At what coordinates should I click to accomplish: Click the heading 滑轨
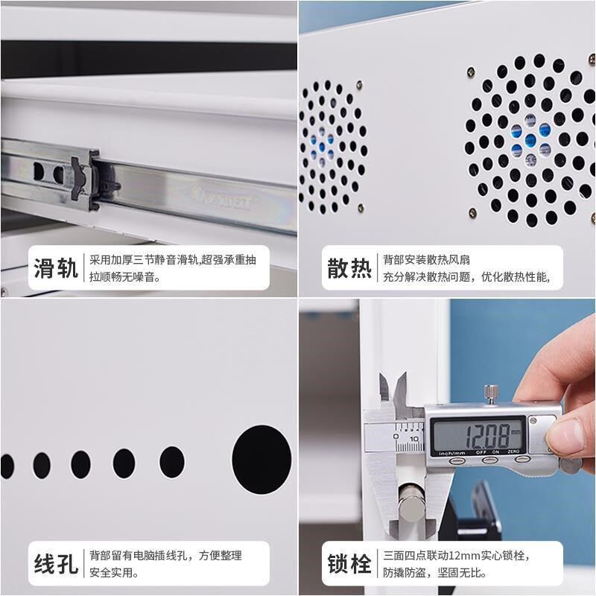pyautogui.click(x=56, y=268)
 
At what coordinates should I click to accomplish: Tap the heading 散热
pyautogui.click(x=349, y=268)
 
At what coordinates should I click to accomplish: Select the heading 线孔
pyautogui.click(x=56, y=564)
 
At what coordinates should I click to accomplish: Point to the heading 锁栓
pyautogui.click(x=349, y=564)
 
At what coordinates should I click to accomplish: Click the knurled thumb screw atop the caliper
pyautogui.click(x=490, y=392)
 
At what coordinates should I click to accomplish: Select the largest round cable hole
pyautogui.click(x=261, y=459)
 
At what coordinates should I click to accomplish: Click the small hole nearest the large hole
pyautogui.click(x=172, y=463)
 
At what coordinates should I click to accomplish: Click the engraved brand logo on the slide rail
pyautogui.click(x=223, y=199)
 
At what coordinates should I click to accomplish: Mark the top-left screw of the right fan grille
pyautogui.click(x=472, y=72)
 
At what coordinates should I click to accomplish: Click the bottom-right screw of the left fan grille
pyautogui.click(x=361, y=208)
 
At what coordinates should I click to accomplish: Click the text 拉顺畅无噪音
pyautogui.click(x=125, y=278)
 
